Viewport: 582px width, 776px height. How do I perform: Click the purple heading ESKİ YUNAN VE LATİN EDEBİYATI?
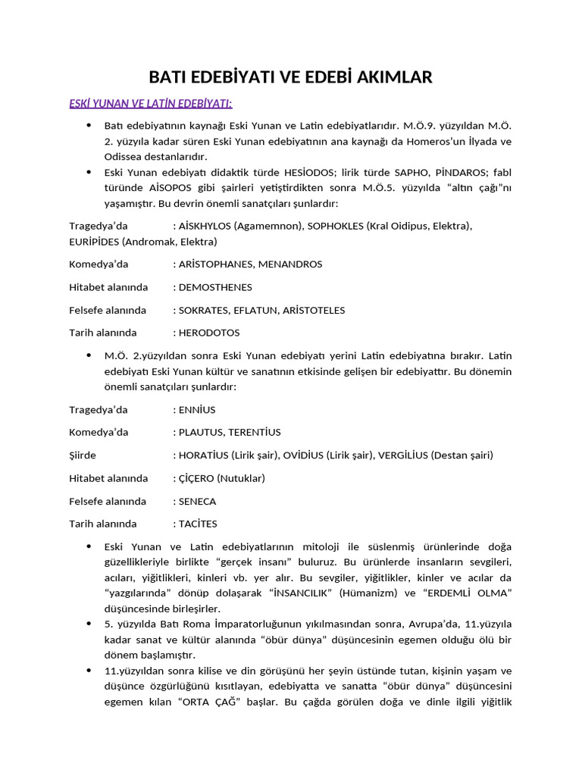pos(151,103)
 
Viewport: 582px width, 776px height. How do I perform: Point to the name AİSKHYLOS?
pos(205,226)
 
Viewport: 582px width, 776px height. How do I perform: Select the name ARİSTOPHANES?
pos(216,264)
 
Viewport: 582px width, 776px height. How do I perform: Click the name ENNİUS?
pos(197,410)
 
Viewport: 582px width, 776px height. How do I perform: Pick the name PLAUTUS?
pos(200,433)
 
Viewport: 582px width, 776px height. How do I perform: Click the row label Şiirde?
pos(83,455)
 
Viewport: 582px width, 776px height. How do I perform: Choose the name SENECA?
pos(197,502)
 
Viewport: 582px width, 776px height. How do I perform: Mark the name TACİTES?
pos(198,524)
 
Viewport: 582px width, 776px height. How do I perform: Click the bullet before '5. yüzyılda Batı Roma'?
pos(89,623)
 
